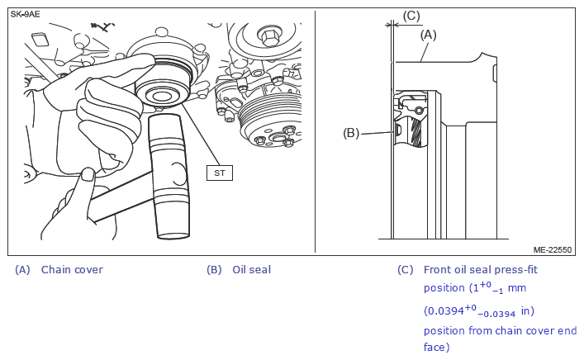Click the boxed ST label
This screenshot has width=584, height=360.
click(x=220, y=173)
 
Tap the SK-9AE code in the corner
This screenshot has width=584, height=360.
click(x=25, y=15)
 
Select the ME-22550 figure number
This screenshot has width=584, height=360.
click(x=553, y=250)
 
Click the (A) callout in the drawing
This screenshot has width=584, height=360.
click(x=429, y=35)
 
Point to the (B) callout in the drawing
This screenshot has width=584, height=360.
click(x=351, y=133)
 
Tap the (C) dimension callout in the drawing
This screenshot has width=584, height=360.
click(x=411, y=16)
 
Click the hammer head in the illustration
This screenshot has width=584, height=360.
click(x=169, y=176)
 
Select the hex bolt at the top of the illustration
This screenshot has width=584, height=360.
click(x=269, y=36)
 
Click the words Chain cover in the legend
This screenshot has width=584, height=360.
click(x=72, y=269)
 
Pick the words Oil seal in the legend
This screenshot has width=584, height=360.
click(x=251, y=269)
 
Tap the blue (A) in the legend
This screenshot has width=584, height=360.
click(x=22, y=269)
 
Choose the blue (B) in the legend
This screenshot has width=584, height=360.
click(x=214, y=269)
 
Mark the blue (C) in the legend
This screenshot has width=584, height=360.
click(x=406, y=269)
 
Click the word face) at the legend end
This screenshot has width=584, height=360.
click(x=436, y=347)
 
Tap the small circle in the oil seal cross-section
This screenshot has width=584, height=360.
click(x=419, y=110)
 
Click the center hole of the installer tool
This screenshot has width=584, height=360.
click(x=161, y=97)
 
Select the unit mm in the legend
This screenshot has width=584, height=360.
click(x=517, y=288)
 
